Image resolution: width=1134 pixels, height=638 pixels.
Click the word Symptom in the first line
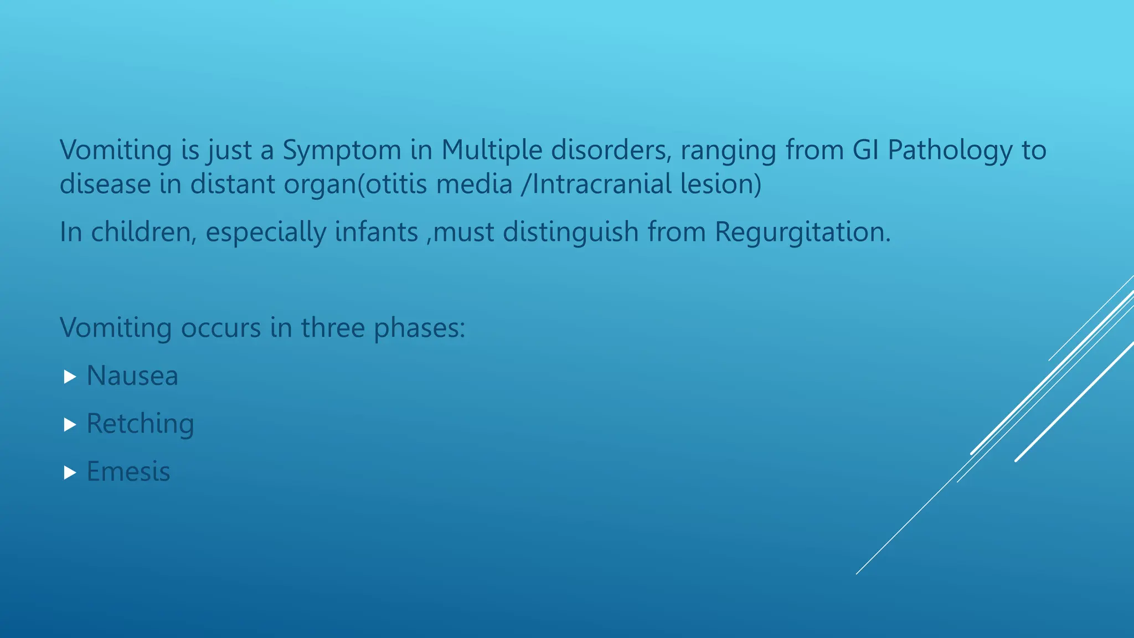[x=342, y=151]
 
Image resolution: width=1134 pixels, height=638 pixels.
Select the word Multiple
[x=492, y=151]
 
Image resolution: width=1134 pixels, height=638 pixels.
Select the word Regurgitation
[x=802, y=233]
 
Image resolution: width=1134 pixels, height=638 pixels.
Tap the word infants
[x=376, y=232]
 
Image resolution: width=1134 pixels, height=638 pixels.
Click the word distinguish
[x=570, y=233]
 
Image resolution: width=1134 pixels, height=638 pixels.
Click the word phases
[x=420, y=328]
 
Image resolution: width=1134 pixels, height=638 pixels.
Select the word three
[x=333, y=328]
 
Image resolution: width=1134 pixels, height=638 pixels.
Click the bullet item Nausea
[x=133, y=376]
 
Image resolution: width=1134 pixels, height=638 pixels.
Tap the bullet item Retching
[x=141, y=425]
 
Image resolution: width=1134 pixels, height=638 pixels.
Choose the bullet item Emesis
[x=128, y=472]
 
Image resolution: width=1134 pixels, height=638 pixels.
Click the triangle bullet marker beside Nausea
[x=70, y=377]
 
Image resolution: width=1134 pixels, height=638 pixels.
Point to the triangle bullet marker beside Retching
[x=70, y=425]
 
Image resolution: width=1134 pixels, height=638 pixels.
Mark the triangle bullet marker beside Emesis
[x=70, y=472]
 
